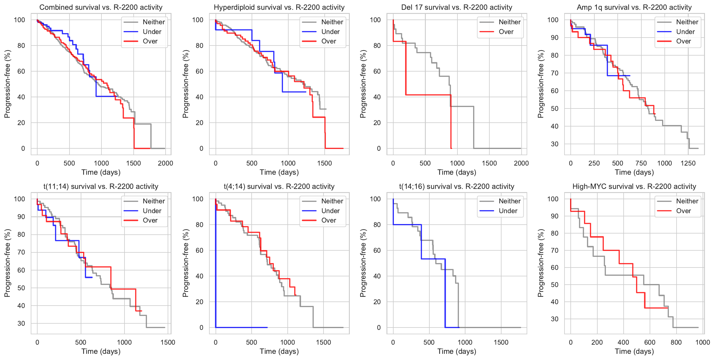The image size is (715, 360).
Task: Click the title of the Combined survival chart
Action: [x=101, y=7]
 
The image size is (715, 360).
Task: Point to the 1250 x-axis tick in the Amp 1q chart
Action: [x=688, y=163]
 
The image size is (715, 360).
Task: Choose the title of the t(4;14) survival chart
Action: [x=279, y=187]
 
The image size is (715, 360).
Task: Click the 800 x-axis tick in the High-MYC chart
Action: [x=676, y=342]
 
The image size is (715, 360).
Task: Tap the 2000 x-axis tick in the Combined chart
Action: [x=165, y=163]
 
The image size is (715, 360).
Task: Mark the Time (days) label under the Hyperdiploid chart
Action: [x=279, y=172]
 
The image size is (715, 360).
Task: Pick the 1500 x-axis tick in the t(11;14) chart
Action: [x=168, y=342]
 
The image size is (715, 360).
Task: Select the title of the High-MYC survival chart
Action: [x=634, y=187]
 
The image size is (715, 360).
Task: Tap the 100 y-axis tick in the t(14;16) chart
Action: [x=375, y=199]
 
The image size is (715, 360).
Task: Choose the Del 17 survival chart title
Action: [x=457, y=7]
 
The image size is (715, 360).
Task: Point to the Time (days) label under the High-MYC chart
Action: [x=634, y=351]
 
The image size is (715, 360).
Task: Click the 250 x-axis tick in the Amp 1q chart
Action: [x=594, y=163]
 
